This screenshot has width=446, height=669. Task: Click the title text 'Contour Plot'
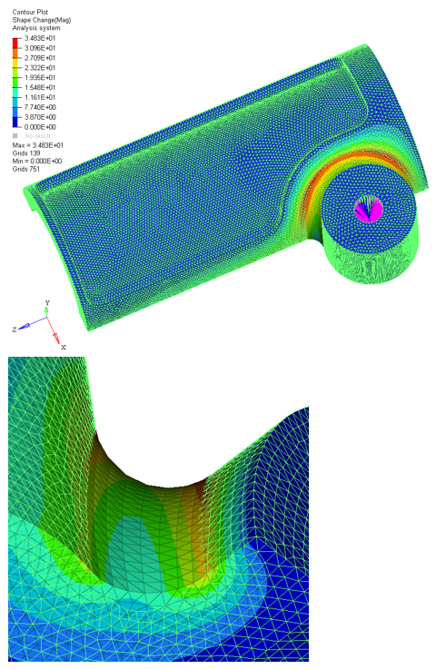click(x=30, y=12)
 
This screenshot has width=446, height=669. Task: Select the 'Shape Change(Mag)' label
click(x=42, y=20)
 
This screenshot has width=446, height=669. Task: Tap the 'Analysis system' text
click(x=36, y=28)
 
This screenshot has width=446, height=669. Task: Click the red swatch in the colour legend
click(x=15, y=43)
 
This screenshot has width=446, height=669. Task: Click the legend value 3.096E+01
click(x=40, y=48)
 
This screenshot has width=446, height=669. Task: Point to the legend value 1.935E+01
click(x=40, y=78)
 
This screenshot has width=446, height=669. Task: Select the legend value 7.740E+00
click(x=40, y=107)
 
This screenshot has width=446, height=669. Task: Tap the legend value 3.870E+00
click(x=40, y=117)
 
